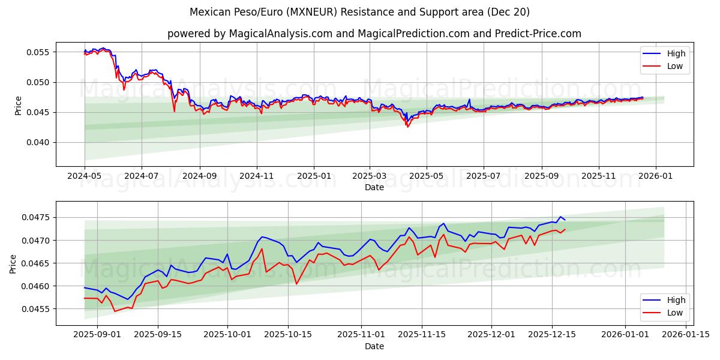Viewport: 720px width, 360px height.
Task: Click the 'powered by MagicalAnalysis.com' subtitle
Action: pos(374,34)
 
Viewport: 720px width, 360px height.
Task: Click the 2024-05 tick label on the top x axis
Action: pos(85,176)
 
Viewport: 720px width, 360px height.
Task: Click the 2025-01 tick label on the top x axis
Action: pos(314,176)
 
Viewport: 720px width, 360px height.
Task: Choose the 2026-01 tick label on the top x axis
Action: pos(655,176)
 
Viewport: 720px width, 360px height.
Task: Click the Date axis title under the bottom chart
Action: pos(374,346)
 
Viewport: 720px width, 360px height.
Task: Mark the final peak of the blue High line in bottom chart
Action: pos(560,217)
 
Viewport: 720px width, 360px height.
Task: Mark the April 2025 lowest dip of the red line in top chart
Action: pos(407,127)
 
